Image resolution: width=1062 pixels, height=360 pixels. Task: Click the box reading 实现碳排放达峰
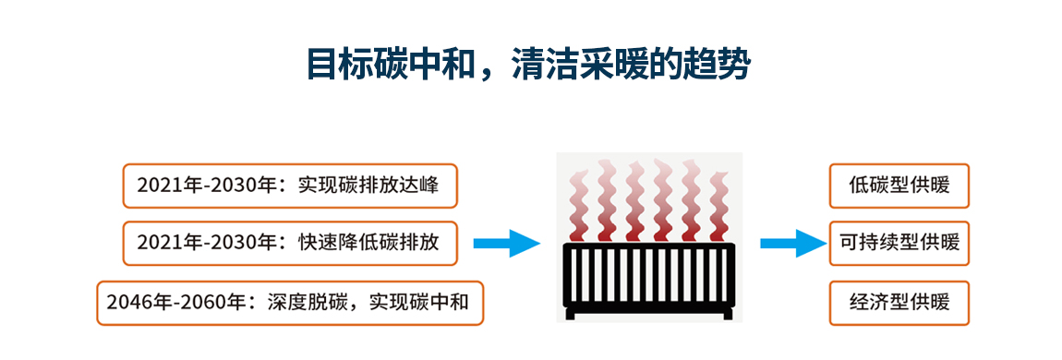290,186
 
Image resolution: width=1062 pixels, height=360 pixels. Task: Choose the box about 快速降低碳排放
290,243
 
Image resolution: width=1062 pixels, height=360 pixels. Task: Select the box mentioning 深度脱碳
290,302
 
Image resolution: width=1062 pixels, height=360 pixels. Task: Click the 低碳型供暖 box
899,186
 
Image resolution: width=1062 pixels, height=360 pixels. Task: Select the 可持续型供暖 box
899,243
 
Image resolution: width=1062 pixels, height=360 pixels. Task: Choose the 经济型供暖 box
899,302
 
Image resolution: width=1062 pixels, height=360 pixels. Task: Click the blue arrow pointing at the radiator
506,244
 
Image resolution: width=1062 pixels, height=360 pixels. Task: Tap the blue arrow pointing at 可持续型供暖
792,244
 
